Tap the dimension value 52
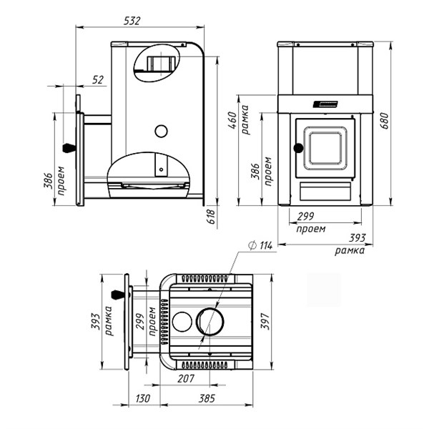point(98,79)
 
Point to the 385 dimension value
point(207,398)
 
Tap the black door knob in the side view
point(69,147)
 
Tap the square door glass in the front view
point(326,151)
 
